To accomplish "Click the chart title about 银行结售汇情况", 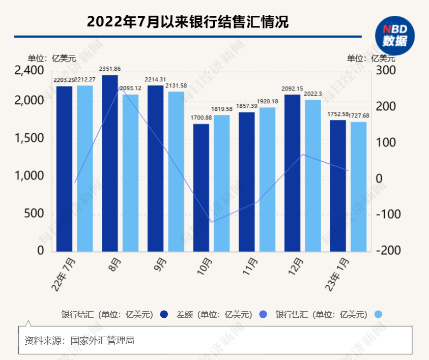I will pos(187,21).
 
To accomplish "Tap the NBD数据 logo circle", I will pos(395,36).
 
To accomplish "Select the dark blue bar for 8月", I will pos(110,163).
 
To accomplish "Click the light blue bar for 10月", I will pos(221,183).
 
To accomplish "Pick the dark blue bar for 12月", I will pos(292,173).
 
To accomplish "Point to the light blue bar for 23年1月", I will pos(358,186).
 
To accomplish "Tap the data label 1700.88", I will pos(201,118).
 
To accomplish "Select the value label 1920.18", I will pos(267,102).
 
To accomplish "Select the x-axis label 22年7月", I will pos(65,275).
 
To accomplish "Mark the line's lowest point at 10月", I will pos(211,222).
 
